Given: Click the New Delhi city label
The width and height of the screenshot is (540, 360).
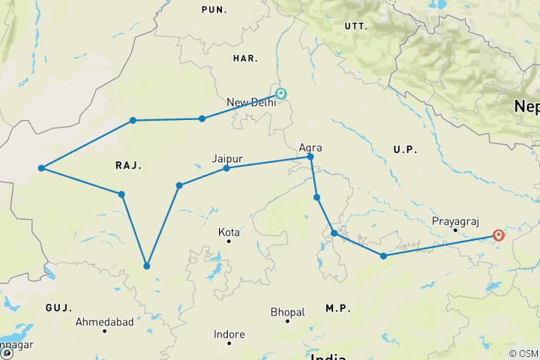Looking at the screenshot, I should pos(251,103).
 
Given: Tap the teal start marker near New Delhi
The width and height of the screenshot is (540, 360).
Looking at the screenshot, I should pos(281,94).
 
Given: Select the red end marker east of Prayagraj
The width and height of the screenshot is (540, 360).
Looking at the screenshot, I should pos(497,235).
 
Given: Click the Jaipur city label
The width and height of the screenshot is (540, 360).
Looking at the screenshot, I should pos(226,158).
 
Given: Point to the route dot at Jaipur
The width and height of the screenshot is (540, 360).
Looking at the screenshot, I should pos(226,168).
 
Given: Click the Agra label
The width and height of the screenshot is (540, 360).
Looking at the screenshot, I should pos(310,148).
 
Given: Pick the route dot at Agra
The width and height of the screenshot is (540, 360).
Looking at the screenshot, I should pos(310,157).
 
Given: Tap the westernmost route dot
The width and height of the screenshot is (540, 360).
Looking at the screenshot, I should pos(42,168).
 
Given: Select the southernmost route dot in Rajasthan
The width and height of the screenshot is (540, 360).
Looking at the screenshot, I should pos(147,266).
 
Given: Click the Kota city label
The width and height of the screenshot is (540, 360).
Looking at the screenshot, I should pos(229,232).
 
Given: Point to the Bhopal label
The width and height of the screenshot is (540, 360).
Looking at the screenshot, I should pos(288,312).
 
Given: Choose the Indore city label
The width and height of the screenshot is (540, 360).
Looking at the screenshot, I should pos(229,334).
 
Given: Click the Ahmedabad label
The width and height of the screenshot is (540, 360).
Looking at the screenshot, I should pos(105,322).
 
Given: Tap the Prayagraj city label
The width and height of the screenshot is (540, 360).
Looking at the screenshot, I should pos(454,221).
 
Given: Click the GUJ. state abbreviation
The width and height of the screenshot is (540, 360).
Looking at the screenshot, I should pos(58,308).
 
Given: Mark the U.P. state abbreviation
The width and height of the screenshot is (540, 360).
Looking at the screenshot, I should pos(405,150).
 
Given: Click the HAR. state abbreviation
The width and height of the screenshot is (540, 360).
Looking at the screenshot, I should pos(245,58).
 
